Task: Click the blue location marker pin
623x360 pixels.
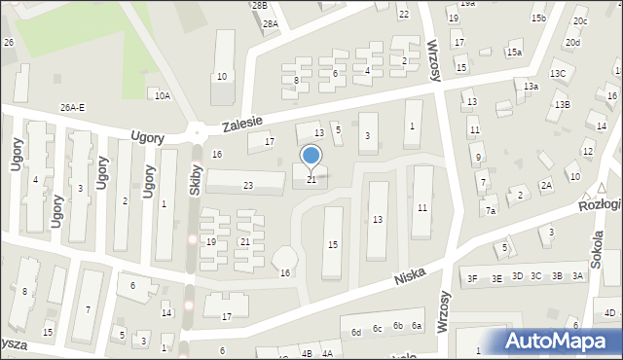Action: [311, 157]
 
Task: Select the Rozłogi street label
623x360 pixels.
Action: [600, 204]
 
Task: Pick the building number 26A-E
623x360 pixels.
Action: [72, 108]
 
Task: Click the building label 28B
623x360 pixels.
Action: [259, 6]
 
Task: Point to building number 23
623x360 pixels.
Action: [248, 186]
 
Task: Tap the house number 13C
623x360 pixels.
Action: [557, 74]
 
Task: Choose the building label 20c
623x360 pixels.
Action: [580, 21]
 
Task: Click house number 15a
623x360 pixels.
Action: [514, 53]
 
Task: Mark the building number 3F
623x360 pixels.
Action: [472, 278]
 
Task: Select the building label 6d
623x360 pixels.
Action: [357, 332]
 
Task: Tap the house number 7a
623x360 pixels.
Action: [492, 211]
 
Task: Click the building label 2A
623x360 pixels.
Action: [546, 185]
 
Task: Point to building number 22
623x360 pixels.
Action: [404, 14]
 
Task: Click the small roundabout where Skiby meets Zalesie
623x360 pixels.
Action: [197, 130]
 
